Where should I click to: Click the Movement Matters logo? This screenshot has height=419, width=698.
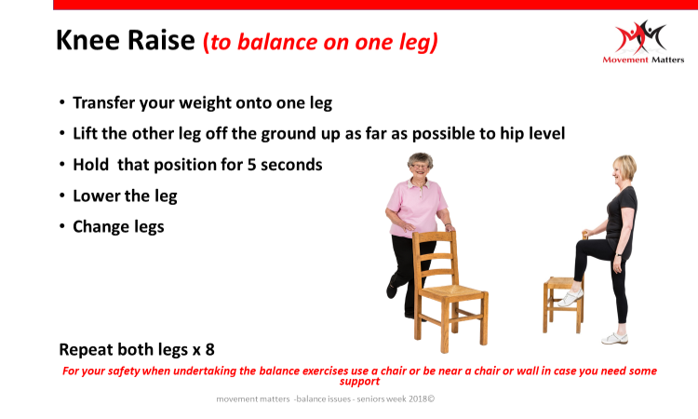coord(643,42)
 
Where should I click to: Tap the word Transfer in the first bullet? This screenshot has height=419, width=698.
coord(103,102)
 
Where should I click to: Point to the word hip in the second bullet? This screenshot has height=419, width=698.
coord(512,134)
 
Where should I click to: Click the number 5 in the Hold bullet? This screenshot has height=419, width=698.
coord(251,165)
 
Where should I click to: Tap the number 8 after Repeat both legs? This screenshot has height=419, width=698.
coord(209,349)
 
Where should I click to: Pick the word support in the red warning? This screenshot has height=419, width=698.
coord(359,382)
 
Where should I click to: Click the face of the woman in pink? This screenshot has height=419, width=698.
coord(419,167)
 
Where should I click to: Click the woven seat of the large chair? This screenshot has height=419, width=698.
coord(451,292)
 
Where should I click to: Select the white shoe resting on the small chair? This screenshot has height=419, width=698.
coord(570,297)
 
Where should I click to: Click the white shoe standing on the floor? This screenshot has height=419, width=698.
coord(615,339)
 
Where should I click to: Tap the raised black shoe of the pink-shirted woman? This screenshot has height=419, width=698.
coord(392,288)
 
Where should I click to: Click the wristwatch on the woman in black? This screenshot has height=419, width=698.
coord(618,255)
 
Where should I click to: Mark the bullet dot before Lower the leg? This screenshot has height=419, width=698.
coord(61,196)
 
